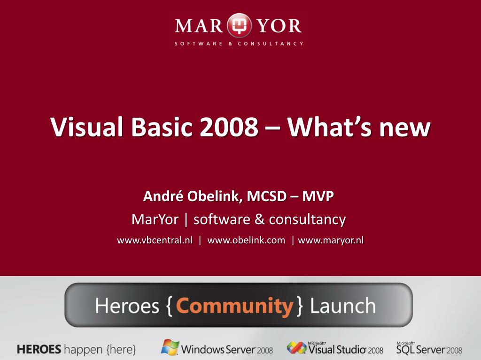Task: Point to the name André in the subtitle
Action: point(163,196)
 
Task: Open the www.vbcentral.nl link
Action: point(155,240)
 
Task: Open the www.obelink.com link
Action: point(246,240)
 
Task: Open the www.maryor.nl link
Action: point(331,240)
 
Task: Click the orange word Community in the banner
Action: point(235,306)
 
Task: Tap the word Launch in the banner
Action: point(343,306)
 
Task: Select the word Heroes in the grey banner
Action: point(127,306)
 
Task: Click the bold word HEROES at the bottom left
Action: point(39,349)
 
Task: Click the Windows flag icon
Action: point(170,347)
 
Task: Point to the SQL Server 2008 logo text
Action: point(429,349)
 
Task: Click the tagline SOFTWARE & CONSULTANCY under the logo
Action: point(239,44)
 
